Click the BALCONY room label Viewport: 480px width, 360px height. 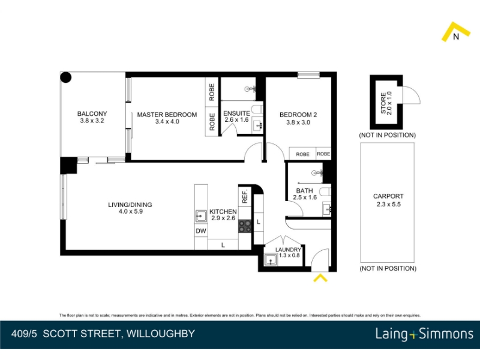(x=92, y=113)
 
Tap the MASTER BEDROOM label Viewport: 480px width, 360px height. (x=167, y=115)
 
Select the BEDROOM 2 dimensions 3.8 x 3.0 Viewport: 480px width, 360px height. (x=298, y=122)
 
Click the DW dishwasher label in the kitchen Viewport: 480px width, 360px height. (x=201, y=231)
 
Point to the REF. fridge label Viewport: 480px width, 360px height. (x=245, y=197)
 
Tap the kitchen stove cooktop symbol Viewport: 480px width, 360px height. (x=245, y=227)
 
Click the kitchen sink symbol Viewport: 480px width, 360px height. (x=201, y=217)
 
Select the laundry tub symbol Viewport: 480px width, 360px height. (x=271, y=260)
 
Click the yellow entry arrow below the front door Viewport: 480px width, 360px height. (x=320, y=278)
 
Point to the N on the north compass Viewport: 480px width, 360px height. (x=456, y=37)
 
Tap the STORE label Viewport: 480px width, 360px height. (x=383, y=103)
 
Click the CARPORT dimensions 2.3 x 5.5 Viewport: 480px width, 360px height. (x=388, y=204)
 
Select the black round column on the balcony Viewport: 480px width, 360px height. (x=66, y=77)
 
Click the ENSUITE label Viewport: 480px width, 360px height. (x=236, y=113)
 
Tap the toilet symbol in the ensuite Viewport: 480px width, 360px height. (x=257, y=109)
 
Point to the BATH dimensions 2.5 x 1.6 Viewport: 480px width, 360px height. (x=305, y=197)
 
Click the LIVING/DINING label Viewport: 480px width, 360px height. (x=130, y=205)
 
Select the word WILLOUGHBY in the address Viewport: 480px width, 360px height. (x=161, y=334)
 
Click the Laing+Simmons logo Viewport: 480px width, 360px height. (x=424, y=334)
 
